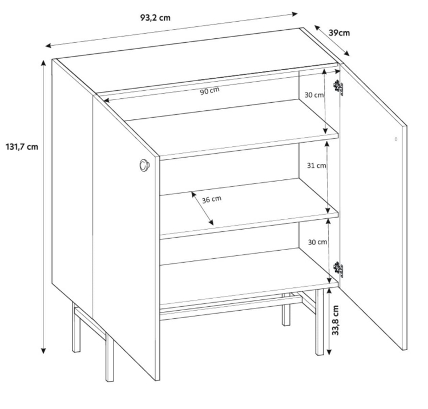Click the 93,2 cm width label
[155, 18]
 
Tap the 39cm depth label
[339, 33]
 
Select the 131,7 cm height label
[22, 147]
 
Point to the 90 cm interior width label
[209, 91]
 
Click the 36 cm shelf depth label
[212, 199]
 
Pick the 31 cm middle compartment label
[316, 165]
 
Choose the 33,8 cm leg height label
[336, 320]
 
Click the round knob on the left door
[144, 165]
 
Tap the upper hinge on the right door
[339, 87]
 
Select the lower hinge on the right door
[339, 270]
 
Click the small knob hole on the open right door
[396, 139]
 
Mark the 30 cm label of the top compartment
[314, 95]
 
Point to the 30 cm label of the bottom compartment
[317, 242]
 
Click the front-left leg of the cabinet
[110, 358]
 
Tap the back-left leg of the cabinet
[76, 327]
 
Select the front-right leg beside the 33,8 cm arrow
[320, 322]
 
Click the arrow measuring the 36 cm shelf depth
[202, 208]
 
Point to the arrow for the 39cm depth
[332, 41]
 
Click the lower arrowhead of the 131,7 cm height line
[43, 351]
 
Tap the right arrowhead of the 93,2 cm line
[294, 14]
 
